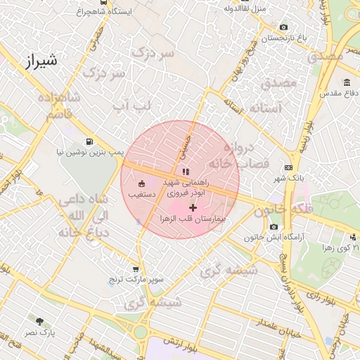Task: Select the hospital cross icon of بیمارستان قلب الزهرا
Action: tap(193, 207)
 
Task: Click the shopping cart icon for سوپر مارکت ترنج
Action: tap(136, 269)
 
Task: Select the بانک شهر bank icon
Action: tap(288, 167)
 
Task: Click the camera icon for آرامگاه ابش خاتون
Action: tap(274, 226)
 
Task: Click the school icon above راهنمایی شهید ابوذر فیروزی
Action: tap(185, 171)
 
